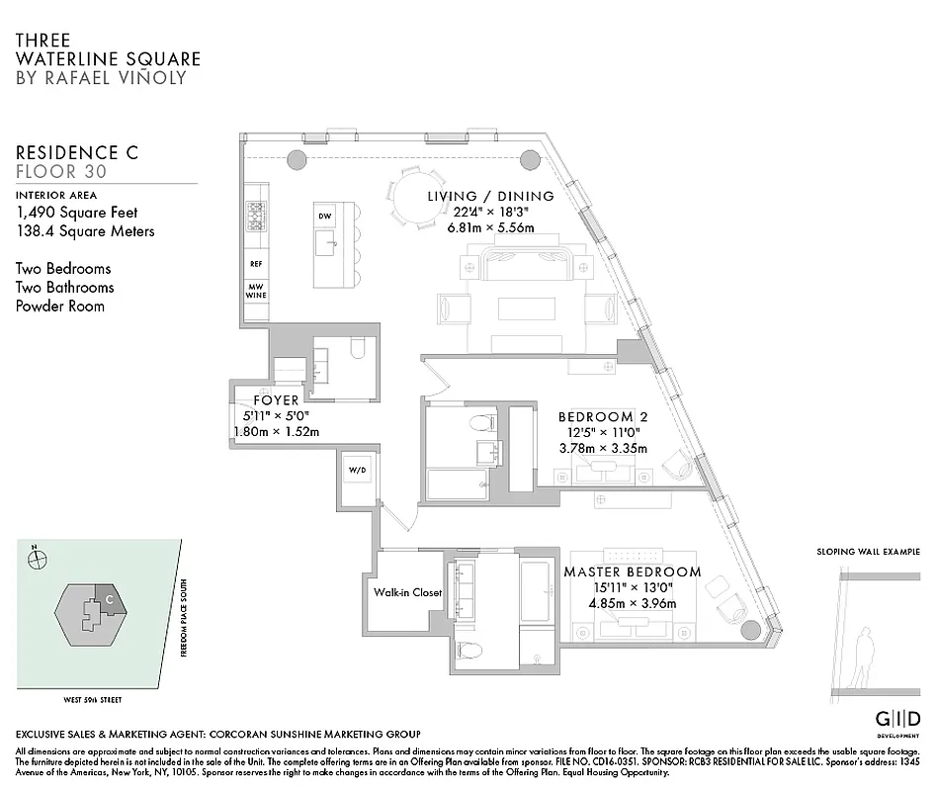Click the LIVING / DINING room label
[490, 196]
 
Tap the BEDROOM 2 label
[602, 416]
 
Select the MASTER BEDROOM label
[633, 571]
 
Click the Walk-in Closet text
[407, 592]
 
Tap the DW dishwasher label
[324, 216]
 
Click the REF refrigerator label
[256, 264]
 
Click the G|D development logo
[896, 718]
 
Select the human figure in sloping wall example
[866, 650]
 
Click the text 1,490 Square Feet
[76, 212]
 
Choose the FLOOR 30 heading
[61, 171]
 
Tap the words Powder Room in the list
[60, 306]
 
